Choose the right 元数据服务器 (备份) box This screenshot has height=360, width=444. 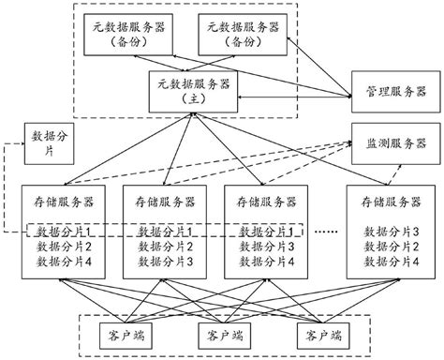point(242,36)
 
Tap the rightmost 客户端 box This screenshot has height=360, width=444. point(318,335)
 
